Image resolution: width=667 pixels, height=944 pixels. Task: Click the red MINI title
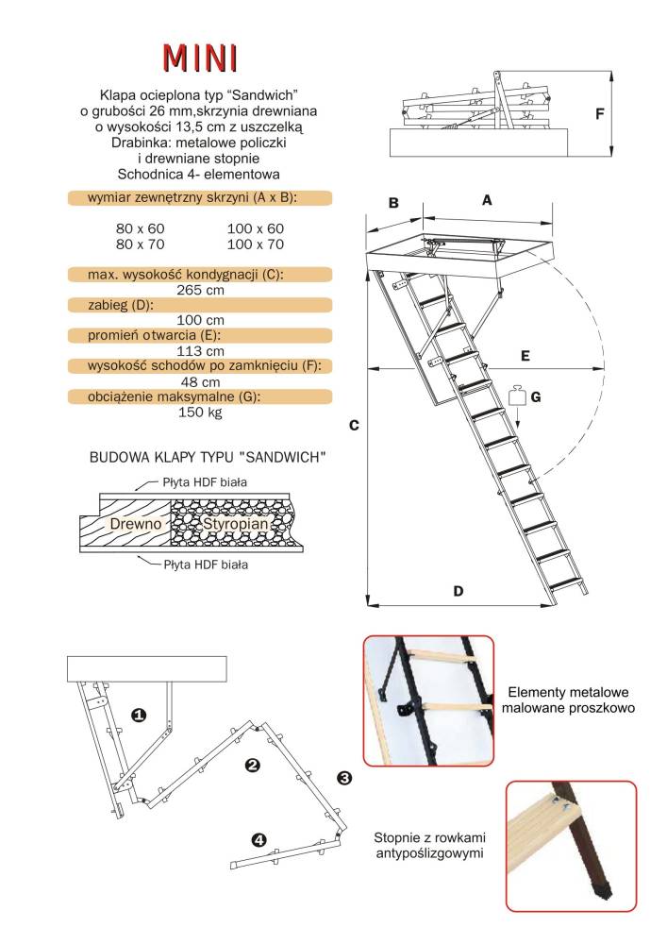pyautogui.click(x=200, y=59)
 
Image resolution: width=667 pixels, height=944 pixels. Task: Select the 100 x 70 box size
pyautogui.click(x=255, y=244)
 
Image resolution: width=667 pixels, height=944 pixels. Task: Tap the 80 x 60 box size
pyautogui.click(x=140, y=228)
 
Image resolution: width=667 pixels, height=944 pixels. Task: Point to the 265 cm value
pyautogui.click(x=200, y=290)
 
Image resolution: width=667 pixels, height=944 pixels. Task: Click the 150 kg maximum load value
pyautogui.click(x=200, y=413)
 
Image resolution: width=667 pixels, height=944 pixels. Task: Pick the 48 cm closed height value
pyautogui.click(x=200, y=382)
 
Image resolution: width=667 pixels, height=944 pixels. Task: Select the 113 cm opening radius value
pyautogui.click(x=200, y=351)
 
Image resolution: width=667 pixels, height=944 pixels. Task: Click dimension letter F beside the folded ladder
pyautogui.click(x=600, y=113)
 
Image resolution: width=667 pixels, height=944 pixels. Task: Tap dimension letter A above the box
pyautogui.click(x=487, y=200)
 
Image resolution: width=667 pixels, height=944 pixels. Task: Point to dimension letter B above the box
pyautogui.click(x=394, y=203)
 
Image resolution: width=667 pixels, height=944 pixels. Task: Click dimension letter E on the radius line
pyautogui.click(x=525, y=357)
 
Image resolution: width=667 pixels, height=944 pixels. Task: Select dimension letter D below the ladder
pyautogui.click(x=459, y=591)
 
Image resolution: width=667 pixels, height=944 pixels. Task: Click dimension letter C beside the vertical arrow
pyautogui.click(x=354, y=425)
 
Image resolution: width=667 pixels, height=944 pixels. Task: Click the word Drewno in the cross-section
pyautogui.click(x=136, y=524)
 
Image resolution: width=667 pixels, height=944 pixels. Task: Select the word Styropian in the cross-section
pyautogui.click(x=235, y=524)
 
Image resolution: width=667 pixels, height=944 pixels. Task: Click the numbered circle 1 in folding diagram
pyautogui.click(x=139, y=716)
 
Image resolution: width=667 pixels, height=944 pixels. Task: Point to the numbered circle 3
pyautogui.click(x=344, y=778)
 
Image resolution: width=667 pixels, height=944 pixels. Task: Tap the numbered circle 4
pyautogui.click(x=259, y=840)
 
